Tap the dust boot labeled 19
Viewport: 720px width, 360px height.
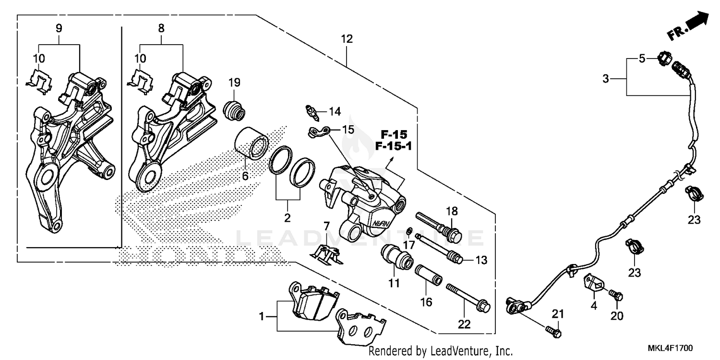coord(235,111)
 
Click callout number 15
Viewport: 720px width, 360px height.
coord(348,130)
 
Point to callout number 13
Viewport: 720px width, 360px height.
coord(481,261)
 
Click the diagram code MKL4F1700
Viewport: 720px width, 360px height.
coord(671,348)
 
